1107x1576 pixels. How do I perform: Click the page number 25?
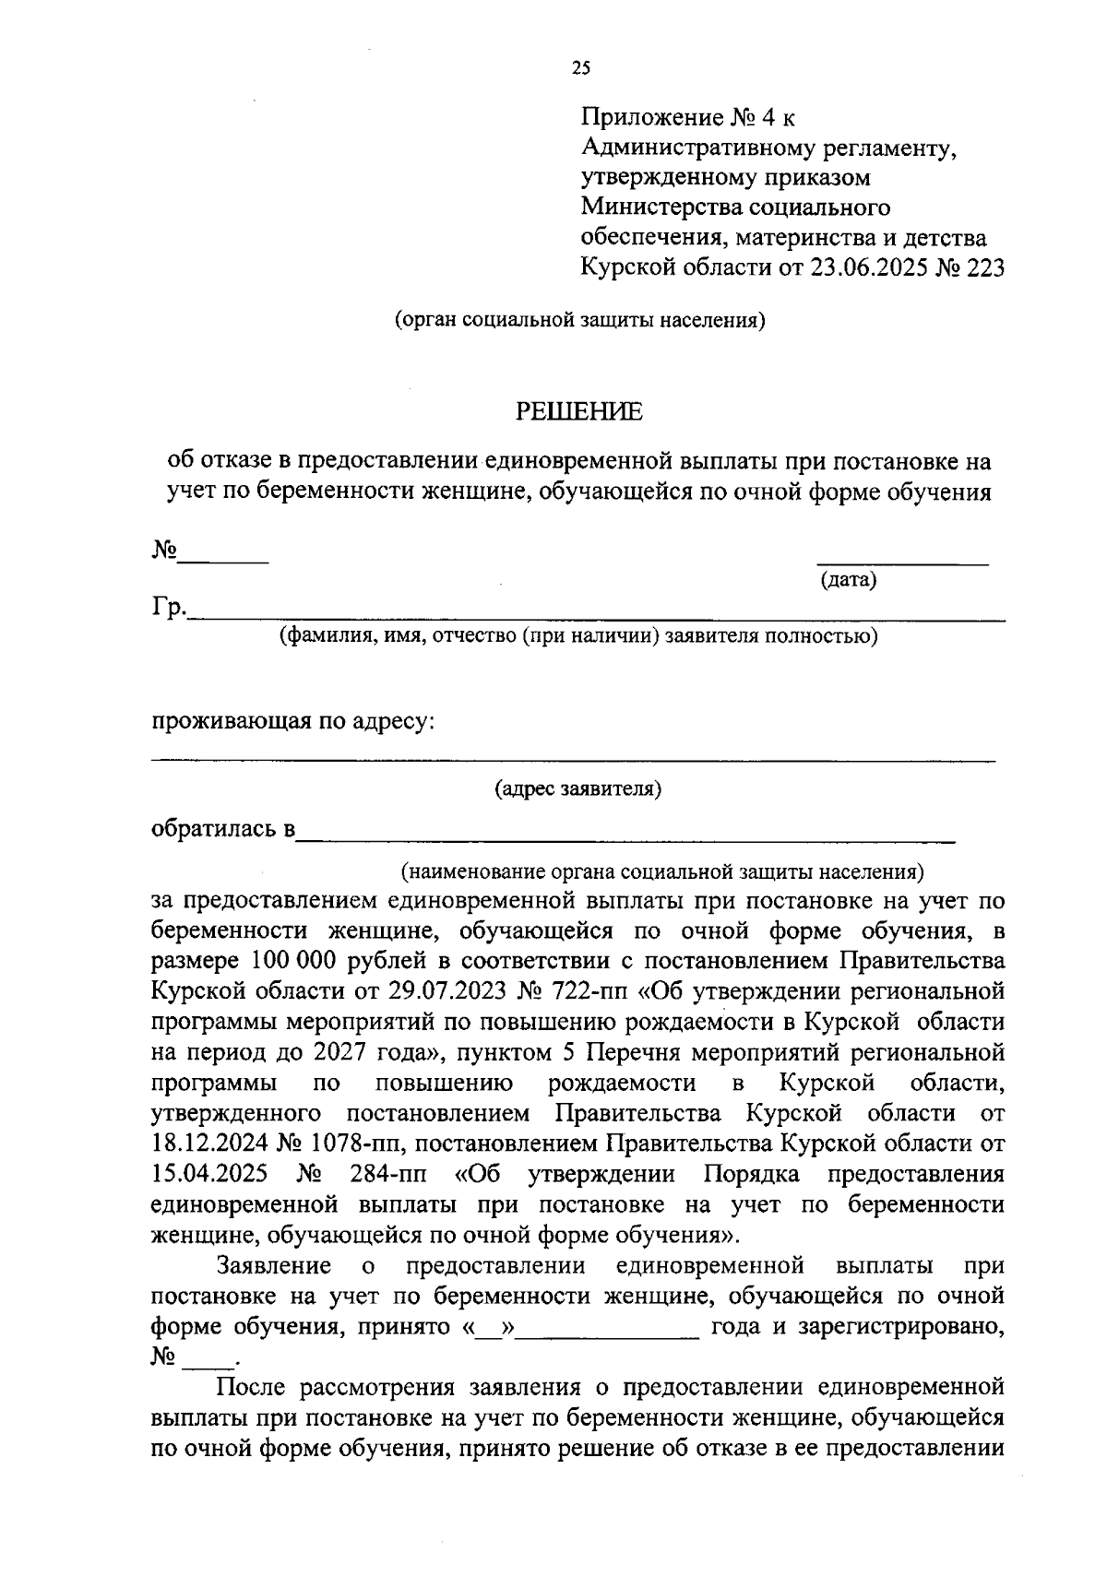coord(581,67)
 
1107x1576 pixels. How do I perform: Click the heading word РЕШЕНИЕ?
coord(577,412)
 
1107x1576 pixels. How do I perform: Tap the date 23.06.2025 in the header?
coord(872,268)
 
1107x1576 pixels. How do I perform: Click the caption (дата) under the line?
coord(848,580)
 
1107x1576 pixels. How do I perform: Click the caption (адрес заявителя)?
coord(577,788)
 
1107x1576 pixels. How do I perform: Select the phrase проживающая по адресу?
coord(292,721)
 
